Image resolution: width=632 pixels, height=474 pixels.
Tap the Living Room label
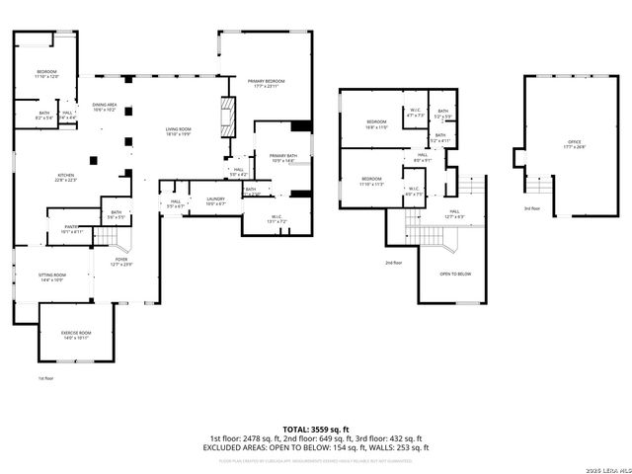coord(178,131)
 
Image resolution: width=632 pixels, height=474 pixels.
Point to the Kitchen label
coord(65,178)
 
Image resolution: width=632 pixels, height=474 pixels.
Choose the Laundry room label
coord(215,201)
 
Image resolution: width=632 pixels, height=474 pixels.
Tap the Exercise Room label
coord(76,335)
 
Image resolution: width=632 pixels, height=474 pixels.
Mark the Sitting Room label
coord(51,276)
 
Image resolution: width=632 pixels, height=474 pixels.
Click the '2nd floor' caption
coord(393,263)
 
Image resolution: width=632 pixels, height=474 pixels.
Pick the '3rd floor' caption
coord(532,208)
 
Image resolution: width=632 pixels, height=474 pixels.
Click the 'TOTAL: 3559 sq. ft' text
coord(315,429)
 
